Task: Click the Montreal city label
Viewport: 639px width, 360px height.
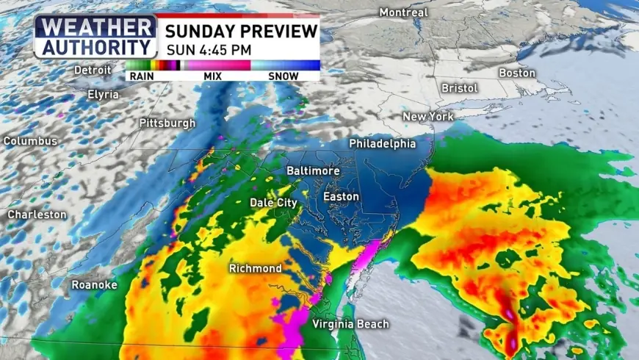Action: coord(403,12)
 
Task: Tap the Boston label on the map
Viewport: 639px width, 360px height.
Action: coord(517,73)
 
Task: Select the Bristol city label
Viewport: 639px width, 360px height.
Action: coord(460,88)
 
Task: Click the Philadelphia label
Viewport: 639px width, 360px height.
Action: coord(382,143)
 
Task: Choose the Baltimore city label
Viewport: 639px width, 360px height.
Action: coord(313,170)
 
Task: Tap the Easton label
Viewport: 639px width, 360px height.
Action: coord(342,197)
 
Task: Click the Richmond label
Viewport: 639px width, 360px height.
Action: coord(255,268)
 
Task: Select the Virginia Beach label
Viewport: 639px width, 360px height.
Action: coord(350,324)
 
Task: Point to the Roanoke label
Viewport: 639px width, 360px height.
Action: coord(94,284)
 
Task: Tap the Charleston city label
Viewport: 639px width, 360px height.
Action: coord(37,215)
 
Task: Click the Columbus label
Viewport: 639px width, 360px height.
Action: coord(30,140)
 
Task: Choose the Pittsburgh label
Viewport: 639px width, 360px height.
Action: coord(167,123)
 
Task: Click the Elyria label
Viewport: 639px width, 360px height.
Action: coord(102,94)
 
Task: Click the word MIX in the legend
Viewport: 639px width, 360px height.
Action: coord(212,75)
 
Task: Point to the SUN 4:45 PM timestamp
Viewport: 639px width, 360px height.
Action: coord(209,50)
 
